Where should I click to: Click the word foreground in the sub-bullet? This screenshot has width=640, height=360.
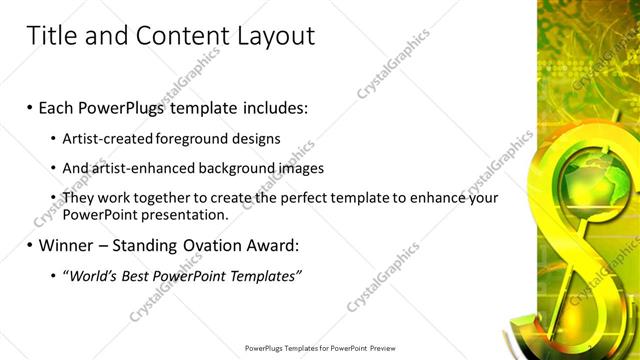199,138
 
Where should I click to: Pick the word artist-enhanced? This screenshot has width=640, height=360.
145,168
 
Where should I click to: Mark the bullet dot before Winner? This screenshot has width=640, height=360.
30,244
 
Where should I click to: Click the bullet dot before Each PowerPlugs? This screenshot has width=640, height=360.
30,106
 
